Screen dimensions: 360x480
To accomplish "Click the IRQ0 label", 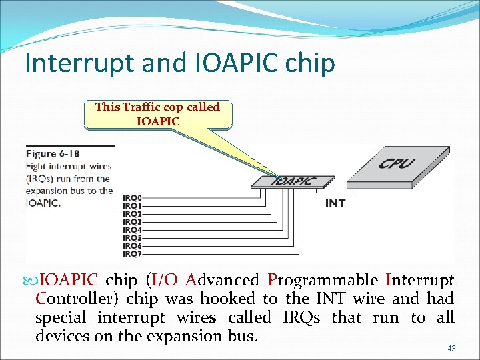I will tap(132, 198).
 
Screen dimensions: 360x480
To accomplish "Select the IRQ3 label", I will tap(132, 222).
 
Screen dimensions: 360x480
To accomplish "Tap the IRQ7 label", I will tap(132, 254).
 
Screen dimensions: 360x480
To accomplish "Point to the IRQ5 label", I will tap(132, 238).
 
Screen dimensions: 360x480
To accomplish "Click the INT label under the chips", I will tap(335, 203).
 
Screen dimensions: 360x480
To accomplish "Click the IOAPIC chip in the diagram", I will tap(293, 181).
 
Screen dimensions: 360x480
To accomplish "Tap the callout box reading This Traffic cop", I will tap(157, 114).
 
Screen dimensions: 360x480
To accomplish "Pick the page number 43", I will tap(451, 349).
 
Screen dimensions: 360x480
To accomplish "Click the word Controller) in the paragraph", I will tap(77, 299).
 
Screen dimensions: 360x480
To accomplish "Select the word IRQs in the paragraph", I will tap(301, 317).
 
